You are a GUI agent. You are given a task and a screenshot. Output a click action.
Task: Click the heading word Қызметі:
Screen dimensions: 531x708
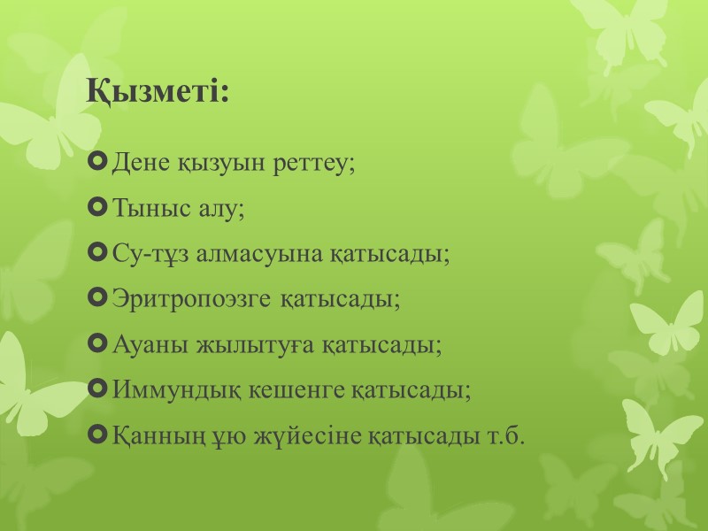click(x=158, y=92)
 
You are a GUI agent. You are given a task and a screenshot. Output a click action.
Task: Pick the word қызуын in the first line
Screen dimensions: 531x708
click(x=216, y=166)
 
